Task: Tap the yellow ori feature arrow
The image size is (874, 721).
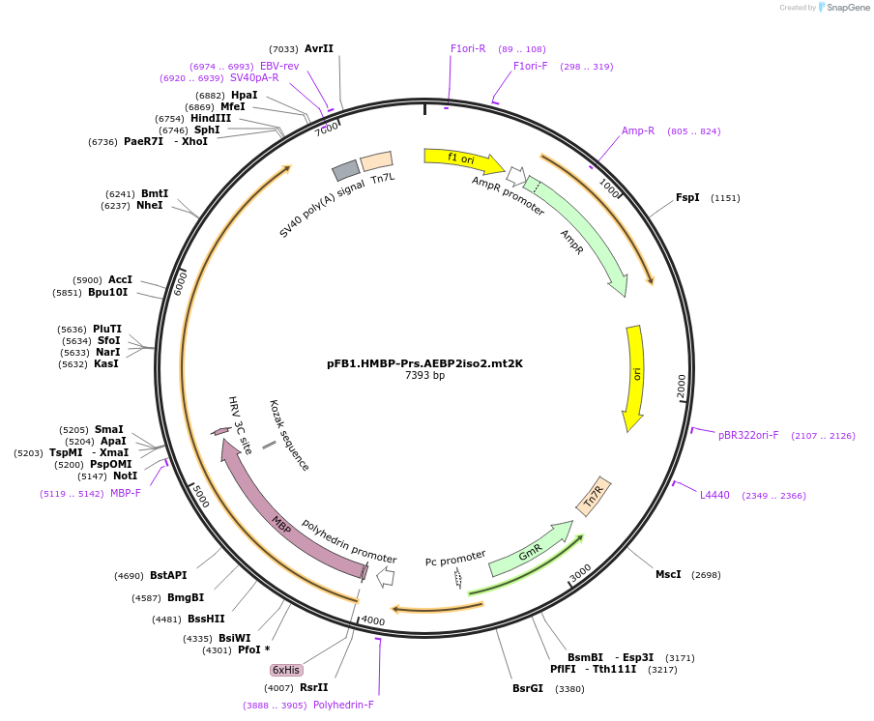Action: [635, 377]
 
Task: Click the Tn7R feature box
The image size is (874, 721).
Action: [594, 496]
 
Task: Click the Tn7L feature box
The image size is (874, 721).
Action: [376, 161]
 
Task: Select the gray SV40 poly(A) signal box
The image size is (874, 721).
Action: [346, 171]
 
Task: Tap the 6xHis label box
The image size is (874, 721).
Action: [286, 670]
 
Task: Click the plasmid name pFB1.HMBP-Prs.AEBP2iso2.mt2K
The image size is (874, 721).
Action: [424, 363]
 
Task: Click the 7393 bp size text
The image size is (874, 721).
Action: [424, 376]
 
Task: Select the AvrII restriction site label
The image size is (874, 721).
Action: [318, 48]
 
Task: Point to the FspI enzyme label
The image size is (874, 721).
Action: [687, 197]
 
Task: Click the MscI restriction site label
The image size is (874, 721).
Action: [668, 574]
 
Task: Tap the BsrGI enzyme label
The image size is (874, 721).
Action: [528, 689]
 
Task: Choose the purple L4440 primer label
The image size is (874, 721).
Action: [714, 495]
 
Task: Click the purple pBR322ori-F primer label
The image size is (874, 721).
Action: [748, 435]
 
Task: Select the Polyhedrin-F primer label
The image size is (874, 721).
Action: [343, 705]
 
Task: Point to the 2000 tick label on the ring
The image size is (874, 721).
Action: [682, 386]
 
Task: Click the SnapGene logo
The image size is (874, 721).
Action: [843, 8]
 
